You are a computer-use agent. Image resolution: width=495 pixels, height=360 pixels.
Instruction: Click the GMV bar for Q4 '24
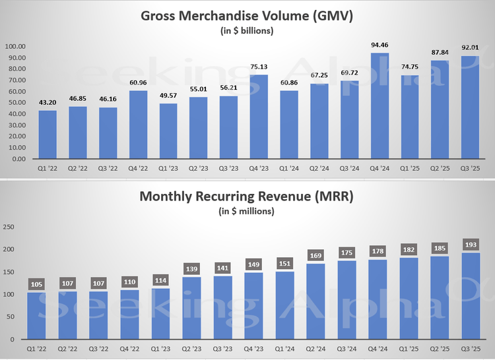(379, 106)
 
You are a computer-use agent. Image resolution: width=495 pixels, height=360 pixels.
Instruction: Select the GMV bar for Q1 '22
(47, 135)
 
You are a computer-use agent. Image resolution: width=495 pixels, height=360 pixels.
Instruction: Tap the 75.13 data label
(258, 67)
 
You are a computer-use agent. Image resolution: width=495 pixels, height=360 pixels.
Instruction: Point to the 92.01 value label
(470, 47)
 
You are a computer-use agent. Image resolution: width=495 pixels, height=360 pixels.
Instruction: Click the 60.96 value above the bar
(137, 82)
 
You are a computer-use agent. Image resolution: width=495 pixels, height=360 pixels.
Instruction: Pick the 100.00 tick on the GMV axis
(15, 47)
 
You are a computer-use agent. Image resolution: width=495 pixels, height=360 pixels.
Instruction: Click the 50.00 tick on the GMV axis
(15, 103)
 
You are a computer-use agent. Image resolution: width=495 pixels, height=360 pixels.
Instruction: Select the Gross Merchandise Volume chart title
(247, 16)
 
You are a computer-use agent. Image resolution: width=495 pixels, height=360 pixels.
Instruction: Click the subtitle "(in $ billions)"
(247, 30)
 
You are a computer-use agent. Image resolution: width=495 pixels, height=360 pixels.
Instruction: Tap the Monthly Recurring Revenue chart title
(247, 196)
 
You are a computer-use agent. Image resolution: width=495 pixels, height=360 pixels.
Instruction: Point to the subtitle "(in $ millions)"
(247, 211)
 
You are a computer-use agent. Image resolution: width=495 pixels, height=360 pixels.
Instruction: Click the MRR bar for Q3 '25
(469, 296)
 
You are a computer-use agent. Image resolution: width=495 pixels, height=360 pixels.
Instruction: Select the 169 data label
(317, 255)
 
